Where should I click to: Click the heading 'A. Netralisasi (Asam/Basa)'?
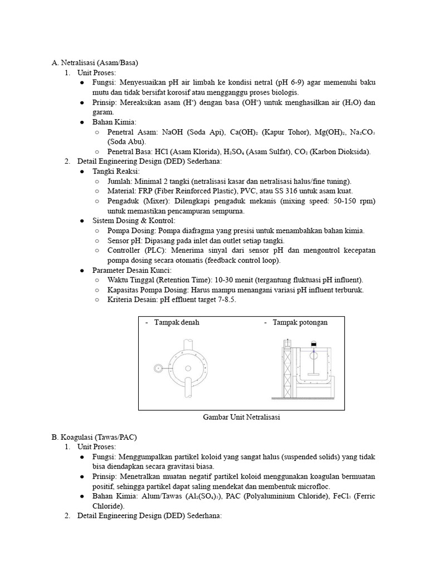click(x=94, y=62)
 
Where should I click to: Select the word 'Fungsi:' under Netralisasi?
click(x=104, y=82)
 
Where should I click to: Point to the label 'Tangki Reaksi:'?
click(x=116, y=171)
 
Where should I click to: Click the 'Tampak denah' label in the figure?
click(x=176, y=322)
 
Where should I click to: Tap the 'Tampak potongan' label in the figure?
click(x=300, y=322)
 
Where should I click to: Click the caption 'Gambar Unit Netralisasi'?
click(x=241, y=417)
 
